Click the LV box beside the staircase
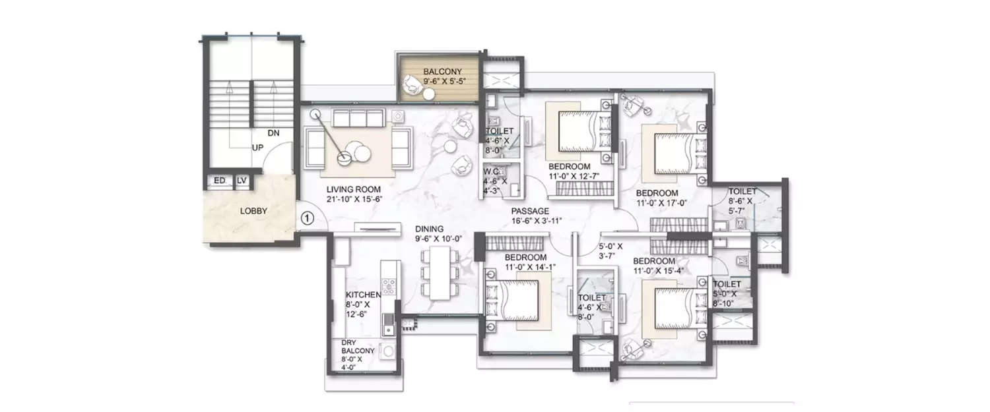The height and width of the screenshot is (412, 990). pos(242,179)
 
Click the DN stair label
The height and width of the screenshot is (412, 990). pos(274,133)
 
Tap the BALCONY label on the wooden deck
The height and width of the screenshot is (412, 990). pos(443,71)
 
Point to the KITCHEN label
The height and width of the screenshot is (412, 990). pos(363,295)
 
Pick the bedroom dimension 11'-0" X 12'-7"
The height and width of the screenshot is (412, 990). pos(578,175)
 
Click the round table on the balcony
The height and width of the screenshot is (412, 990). pos(429,95)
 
